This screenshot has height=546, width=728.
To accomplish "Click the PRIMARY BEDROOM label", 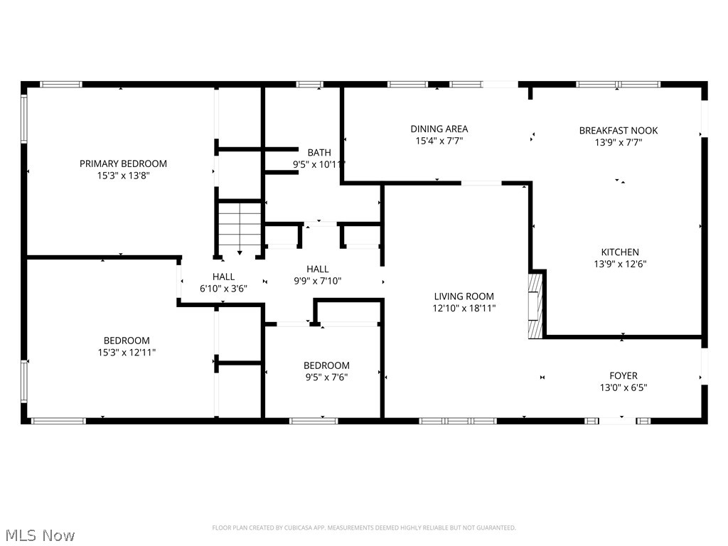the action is tap(123, 164).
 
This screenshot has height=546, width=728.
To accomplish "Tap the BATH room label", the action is tap(319, 152).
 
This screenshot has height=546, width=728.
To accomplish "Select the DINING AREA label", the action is tap(439, 129).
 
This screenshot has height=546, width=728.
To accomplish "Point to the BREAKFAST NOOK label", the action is tap(619, 131).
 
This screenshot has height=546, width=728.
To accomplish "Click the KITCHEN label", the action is tap(620, 252).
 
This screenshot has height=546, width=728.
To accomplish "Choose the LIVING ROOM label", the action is tap(464, 296).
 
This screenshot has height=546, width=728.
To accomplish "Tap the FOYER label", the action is tap(623, 375).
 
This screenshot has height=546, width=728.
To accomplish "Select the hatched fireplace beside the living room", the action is tap(535, 306).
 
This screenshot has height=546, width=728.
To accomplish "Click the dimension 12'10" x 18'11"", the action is tap(464, 308).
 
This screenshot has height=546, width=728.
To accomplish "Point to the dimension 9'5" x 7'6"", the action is tap(326, 377).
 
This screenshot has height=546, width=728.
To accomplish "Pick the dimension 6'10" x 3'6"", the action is tap(223, 289).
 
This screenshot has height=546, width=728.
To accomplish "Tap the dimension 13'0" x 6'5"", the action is tap(623, 387).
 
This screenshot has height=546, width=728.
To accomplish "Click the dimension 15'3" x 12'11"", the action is tap(127, 353).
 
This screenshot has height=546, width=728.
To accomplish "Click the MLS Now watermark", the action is tap(38, 535).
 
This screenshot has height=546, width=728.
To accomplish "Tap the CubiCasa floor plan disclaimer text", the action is tap(364, 528).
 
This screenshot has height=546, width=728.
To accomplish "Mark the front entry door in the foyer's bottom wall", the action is tap(618, 421).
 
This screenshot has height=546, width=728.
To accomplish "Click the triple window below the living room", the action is tap(458, 421).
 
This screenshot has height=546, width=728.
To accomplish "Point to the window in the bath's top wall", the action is tap(310, 85).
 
